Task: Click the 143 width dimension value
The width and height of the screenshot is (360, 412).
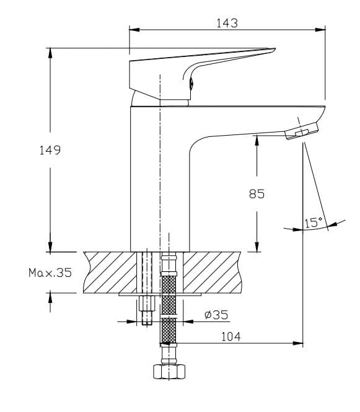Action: click(x=227, y=23)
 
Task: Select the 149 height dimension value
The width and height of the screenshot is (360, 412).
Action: click(x=49, y=150)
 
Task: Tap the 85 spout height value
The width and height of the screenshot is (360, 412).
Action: click(x=257, y=193)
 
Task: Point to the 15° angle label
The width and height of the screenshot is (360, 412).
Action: click(x=314, y=222)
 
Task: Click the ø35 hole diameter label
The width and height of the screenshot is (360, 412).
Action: click(x=216, y=315)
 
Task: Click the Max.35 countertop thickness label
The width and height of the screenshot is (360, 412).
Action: click(x=50, y=272)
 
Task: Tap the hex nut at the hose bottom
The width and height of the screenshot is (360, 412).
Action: click(x=169, y=371)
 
